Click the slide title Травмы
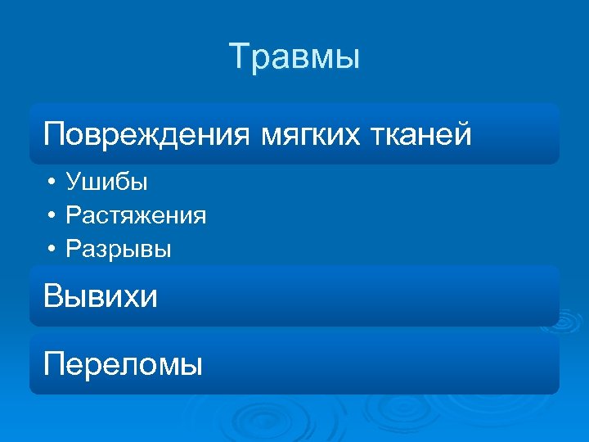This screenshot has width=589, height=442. [294, 57]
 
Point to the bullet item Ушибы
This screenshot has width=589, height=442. [106, 182]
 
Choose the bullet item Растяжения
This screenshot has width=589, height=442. [136, 215]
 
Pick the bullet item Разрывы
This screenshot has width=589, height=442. [119, 249]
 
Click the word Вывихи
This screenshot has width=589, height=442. [101, 295]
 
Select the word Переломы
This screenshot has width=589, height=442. [124, 363]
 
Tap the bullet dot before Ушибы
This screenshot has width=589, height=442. [52, 182]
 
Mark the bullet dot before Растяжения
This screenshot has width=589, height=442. [52, 215]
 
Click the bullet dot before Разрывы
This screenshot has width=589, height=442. [52, 249]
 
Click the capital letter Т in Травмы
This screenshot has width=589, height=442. [239, 57]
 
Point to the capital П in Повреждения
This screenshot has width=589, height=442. [54, 133]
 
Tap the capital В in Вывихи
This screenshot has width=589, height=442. [53, 295]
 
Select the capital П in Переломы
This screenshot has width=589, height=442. [54, 363]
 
